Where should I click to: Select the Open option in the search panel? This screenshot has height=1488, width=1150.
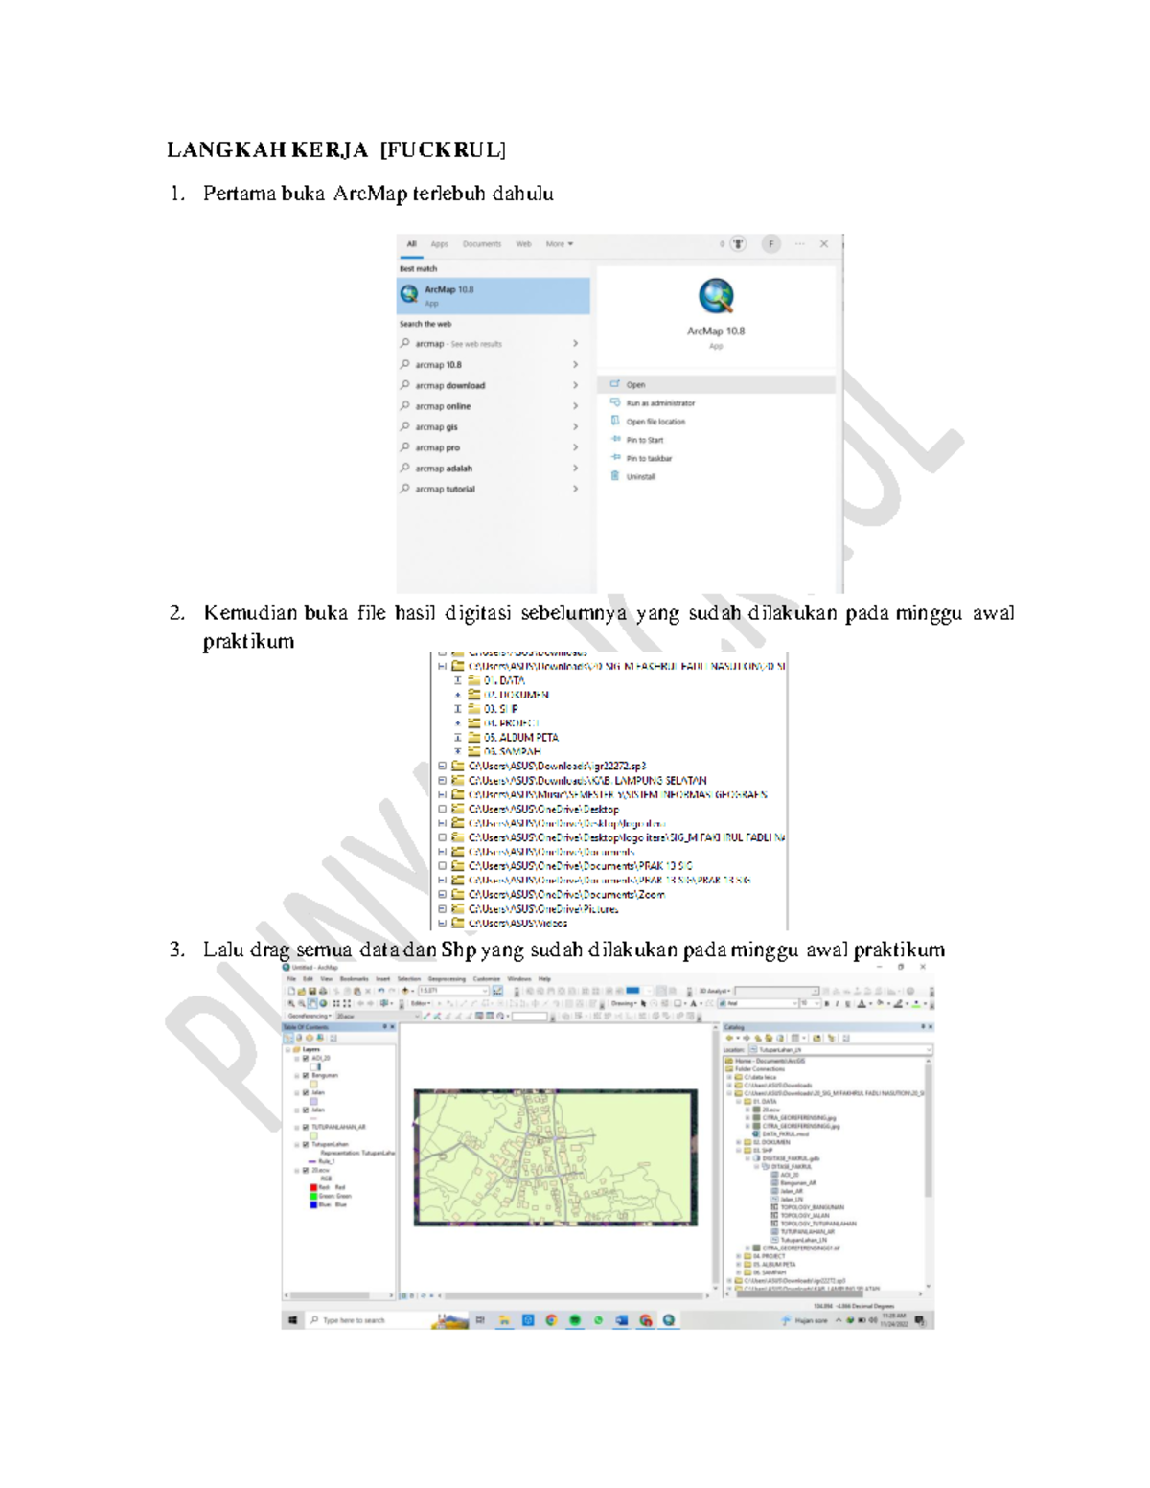[635, 385]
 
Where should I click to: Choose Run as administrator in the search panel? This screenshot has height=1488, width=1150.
[660, 403]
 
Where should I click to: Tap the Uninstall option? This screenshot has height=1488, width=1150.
[640, 477]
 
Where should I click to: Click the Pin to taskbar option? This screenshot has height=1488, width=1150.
[649, 459]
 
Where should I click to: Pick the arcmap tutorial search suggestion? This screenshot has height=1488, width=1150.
[445, 490]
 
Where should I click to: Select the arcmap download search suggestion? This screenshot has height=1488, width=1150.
[449, 386]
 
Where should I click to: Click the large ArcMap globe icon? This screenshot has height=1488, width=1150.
[716, 297]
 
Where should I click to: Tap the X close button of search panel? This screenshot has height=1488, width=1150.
[823, 244]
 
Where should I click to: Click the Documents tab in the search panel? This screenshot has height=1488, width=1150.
[481, 244]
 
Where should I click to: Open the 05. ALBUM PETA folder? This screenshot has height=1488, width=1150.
[520, 738]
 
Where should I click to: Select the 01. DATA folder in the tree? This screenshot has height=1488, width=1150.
[504, 680]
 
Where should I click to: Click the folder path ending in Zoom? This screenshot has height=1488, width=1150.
[565, 895]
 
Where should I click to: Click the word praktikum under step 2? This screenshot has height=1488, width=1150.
[248, 641]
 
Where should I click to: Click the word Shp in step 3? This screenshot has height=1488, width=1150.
[458, 950]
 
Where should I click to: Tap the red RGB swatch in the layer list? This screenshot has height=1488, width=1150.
[313, 1187]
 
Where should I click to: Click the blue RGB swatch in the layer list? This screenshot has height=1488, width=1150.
[313, 1204]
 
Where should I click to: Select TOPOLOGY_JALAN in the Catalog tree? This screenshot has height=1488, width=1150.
[805, 1215]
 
